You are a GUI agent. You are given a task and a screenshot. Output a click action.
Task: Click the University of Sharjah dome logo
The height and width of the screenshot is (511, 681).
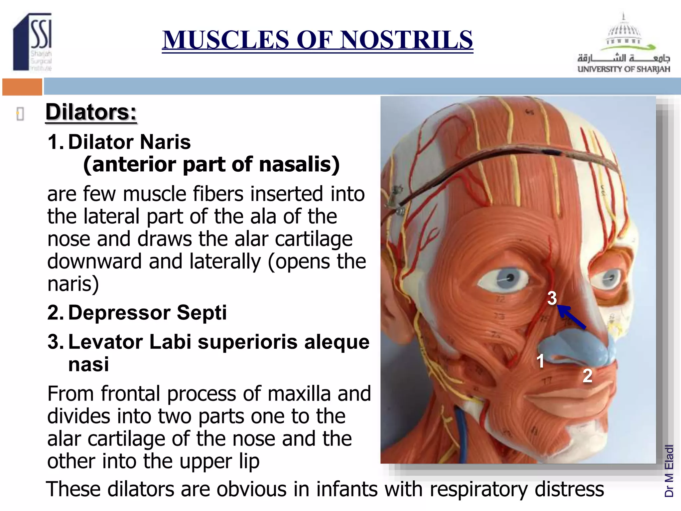624,33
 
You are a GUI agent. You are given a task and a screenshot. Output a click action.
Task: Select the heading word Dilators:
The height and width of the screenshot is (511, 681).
91,112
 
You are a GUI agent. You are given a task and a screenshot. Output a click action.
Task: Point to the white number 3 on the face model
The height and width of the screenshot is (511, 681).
552,298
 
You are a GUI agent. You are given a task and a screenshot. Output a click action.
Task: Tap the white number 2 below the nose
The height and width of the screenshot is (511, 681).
587,376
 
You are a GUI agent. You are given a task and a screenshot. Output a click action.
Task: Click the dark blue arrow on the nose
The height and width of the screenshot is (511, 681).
572,317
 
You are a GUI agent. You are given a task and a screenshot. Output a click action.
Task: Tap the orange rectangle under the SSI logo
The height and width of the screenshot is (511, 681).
22,87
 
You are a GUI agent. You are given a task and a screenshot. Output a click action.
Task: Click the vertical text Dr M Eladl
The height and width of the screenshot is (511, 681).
669,471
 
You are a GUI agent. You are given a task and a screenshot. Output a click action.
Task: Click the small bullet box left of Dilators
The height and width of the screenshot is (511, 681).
20,114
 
